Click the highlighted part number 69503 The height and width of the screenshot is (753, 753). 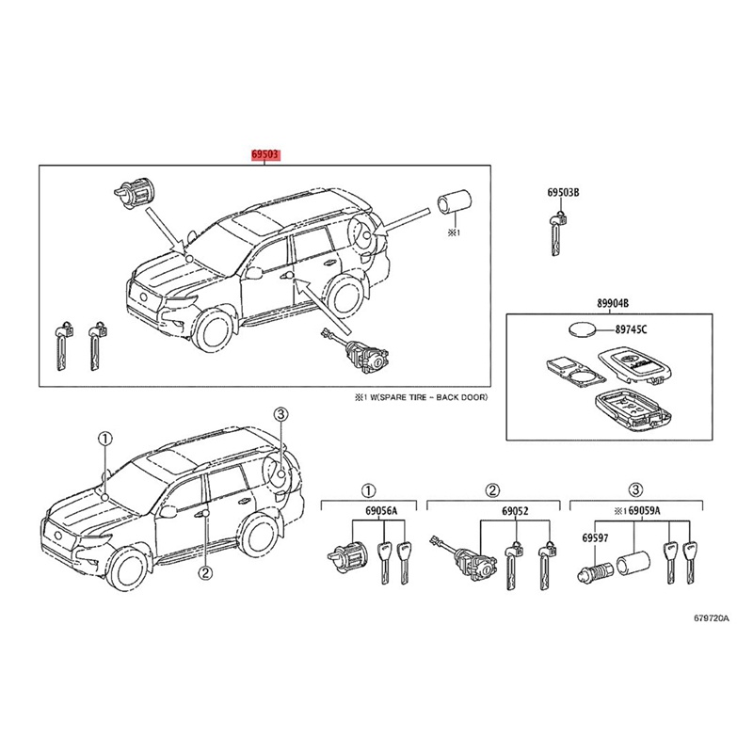[264, 153]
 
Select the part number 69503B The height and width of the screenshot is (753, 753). [563, 193]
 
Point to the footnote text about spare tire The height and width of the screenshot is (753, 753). [423, 398]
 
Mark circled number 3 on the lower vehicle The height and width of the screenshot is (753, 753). [280, 415]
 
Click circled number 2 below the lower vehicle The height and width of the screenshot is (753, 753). [204, 571]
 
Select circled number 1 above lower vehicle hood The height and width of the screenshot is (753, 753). [105, 438]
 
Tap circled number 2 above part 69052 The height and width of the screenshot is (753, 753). [490, 489]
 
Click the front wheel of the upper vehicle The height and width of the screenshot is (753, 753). [212, 332]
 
